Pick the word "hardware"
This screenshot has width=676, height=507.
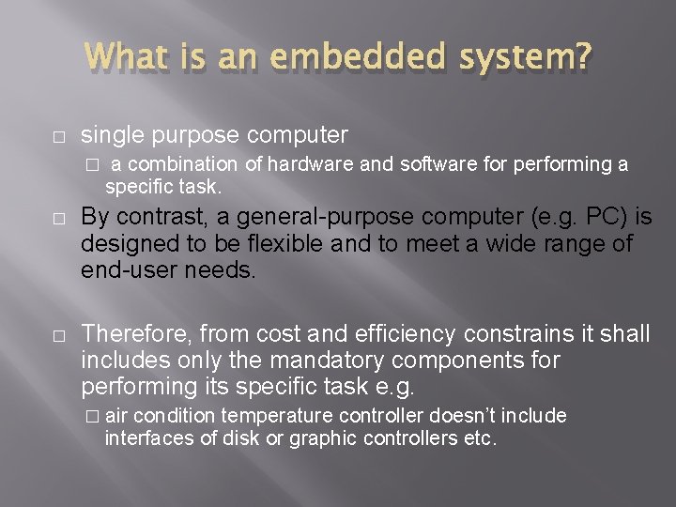[309, 164]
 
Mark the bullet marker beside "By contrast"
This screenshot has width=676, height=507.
[57, 219]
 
